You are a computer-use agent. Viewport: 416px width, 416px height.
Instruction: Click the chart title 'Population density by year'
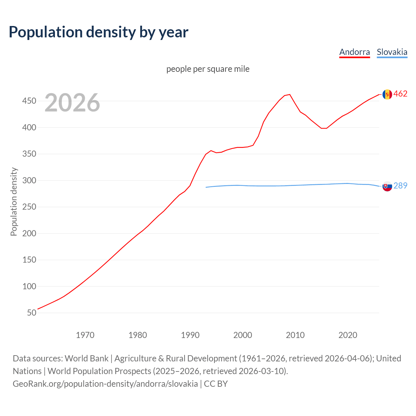(98, 32)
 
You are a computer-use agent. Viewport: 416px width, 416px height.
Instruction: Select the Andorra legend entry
(355, 52)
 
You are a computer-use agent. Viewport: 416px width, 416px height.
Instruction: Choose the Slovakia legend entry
(392, 52)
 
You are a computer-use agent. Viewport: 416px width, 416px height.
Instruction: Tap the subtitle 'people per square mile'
(208, 69)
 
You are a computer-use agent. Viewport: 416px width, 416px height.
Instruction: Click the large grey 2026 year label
(72, 103)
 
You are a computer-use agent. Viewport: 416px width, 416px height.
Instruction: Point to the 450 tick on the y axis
(29, 101)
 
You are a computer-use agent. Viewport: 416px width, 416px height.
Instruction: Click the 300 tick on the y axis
(29, 180)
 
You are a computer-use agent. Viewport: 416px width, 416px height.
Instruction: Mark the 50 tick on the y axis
(32, 313)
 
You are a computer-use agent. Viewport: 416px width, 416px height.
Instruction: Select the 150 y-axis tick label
(29, 260)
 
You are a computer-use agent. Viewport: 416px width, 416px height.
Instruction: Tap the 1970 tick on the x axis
(85, 335)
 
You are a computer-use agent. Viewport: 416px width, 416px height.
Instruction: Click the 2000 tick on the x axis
(243, 335)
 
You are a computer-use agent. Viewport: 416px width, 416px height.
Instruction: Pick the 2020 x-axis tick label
(348, 335)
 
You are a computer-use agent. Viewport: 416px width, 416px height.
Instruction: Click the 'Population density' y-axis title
(14, 201)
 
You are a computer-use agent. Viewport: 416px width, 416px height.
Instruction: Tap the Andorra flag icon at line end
(387, 94)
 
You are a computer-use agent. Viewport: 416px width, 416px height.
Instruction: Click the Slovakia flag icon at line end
(387, 187)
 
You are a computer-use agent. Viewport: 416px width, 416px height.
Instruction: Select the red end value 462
(400, 94)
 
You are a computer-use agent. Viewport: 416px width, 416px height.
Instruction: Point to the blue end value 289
(400, 186)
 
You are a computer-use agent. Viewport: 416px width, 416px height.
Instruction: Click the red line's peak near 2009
(290, 95)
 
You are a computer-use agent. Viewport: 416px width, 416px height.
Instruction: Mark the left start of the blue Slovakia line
(206, 187)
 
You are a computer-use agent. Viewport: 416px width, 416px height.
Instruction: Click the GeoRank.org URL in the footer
(105, 384)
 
